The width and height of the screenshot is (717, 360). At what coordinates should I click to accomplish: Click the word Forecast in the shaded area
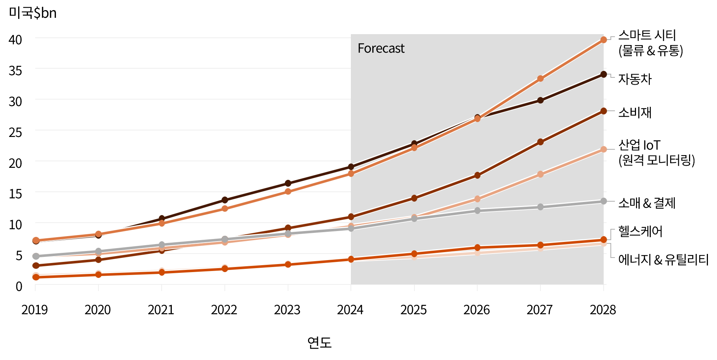[x=381, y=48]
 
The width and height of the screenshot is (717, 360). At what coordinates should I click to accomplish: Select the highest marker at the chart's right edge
[x=604, y=40]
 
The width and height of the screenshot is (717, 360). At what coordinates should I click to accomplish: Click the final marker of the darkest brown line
[x=604, y=74]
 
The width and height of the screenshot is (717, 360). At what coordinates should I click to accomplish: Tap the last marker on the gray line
[x=604, y=201]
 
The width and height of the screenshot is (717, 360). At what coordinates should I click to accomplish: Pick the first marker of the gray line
[x=36, y=256]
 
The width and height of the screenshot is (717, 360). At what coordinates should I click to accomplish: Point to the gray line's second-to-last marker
[x=540, y=207]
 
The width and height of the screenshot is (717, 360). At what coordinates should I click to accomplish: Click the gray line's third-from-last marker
[x=477, y=210]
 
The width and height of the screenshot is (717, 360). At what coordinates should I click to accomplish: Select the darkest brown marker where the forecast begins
[x=351, y=167]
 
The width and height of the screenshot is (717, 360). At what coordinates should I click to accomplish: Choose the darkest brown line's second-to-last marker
[x=540, y=100]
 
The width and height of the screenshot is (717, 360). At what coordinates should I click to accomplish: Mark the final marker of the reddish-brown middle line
[x=604, y=111]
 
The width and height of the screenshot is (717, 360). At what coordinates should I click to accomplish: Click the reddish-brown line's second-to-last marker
[x=540, y=142]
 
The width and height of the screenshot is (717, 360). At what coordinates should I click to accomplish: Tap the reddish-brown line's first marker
[x=36, y=266]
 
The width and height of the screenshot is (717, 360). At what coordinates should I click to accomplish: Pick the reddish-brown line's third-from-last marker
[x=477, y=175]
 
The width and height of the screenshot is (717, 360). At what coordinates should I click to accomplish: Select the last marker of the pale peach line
[x=604, y=149]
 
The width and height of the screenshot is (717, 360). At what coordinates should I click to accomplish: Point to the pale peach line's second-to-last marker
[x=540, y=174]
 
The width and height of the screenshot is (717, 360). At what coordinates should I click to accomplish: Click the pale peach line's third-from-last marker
[x=477, y=199]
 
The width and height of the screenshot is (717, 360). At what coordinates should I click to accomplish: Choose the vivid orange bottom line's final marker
[x=604, y=239]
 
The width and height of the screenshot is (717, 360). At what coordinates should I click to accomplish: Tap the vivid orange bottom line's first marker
[x=36, y=277]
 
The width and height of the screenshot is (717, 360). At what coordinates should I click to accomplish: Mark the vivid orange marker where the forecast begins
[x=351, y=259]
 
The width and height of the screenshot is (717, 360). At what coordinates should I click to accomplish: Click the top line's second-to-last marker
[x=540, y=78]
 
